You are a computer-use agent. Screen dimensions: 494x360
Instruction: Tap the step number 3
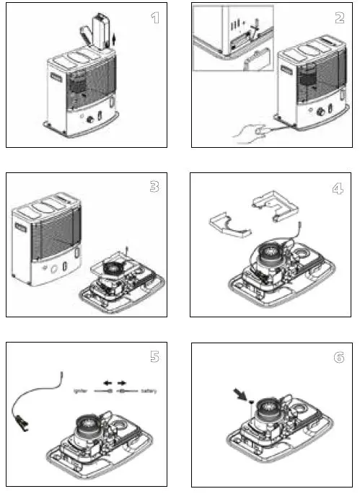coord(154,187)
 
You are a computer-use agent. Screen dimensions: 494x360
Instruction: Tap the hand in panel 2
coord(248,132)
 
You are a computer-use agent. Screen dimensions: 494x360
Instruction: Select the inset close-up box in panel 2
coord(232,38)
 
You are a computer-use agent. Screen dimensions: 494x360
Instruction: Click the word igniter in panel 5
coord(81,392)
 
